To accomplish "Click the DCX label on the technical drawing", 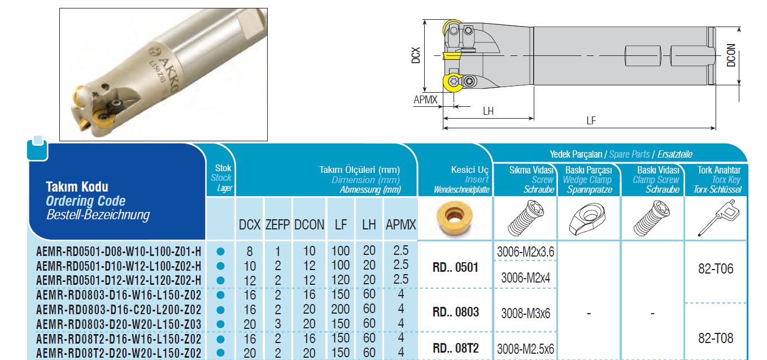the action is coord(415,55).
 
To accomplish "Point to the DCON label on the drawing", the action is coord(731,55).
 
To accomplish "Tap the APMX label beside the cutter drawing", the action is coord(425,99).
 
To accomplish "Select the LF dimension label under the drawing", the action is coord(591,120).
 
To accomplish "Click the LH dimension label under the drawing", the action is coord(488,111).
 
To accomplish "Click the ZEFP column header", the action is coord(277,225).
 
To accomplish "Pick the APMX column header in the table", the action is coord(400,225).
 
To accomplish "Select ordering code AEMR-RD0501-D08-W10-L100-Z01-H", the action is coord(119,251).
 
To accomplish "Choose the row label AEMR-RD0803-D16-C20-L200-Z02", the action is coord(119,310).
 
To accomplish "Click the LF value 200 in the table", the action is coord(341,309).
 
